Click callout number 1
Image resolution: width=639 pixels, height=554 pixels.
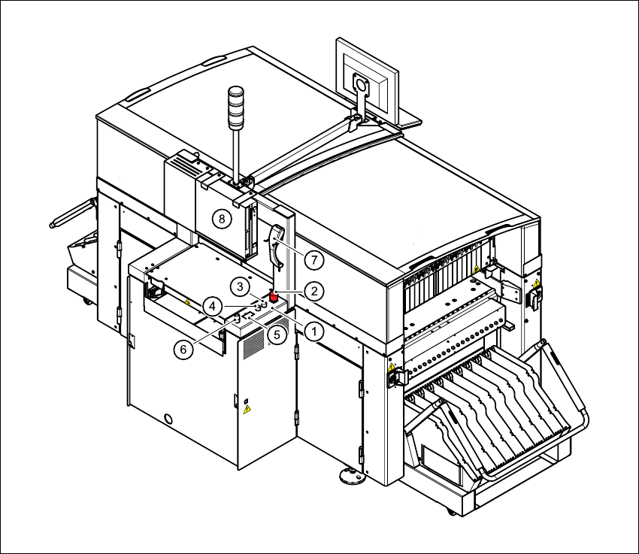tap(313, 331)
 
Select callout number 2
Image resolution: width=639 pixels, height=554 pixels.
tap(313, 291)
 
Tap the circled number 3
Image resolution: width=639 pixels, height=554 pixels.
tap(240, 287)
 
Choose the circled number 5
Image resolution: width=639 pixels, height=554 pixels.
tap(277, 335)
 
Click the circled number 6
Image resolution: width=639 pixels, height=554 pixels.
tap(183, 350)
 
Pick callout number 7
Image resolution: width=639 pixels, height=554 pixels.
tap(313, 259)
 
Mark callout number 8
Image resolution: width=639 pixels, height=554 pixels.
tap(222, 219)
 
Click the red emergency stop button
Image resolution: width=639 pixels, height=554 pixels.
tap(274, 295)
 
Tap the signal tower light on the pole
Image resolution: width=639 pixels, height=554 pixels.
tap(235, 107)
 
